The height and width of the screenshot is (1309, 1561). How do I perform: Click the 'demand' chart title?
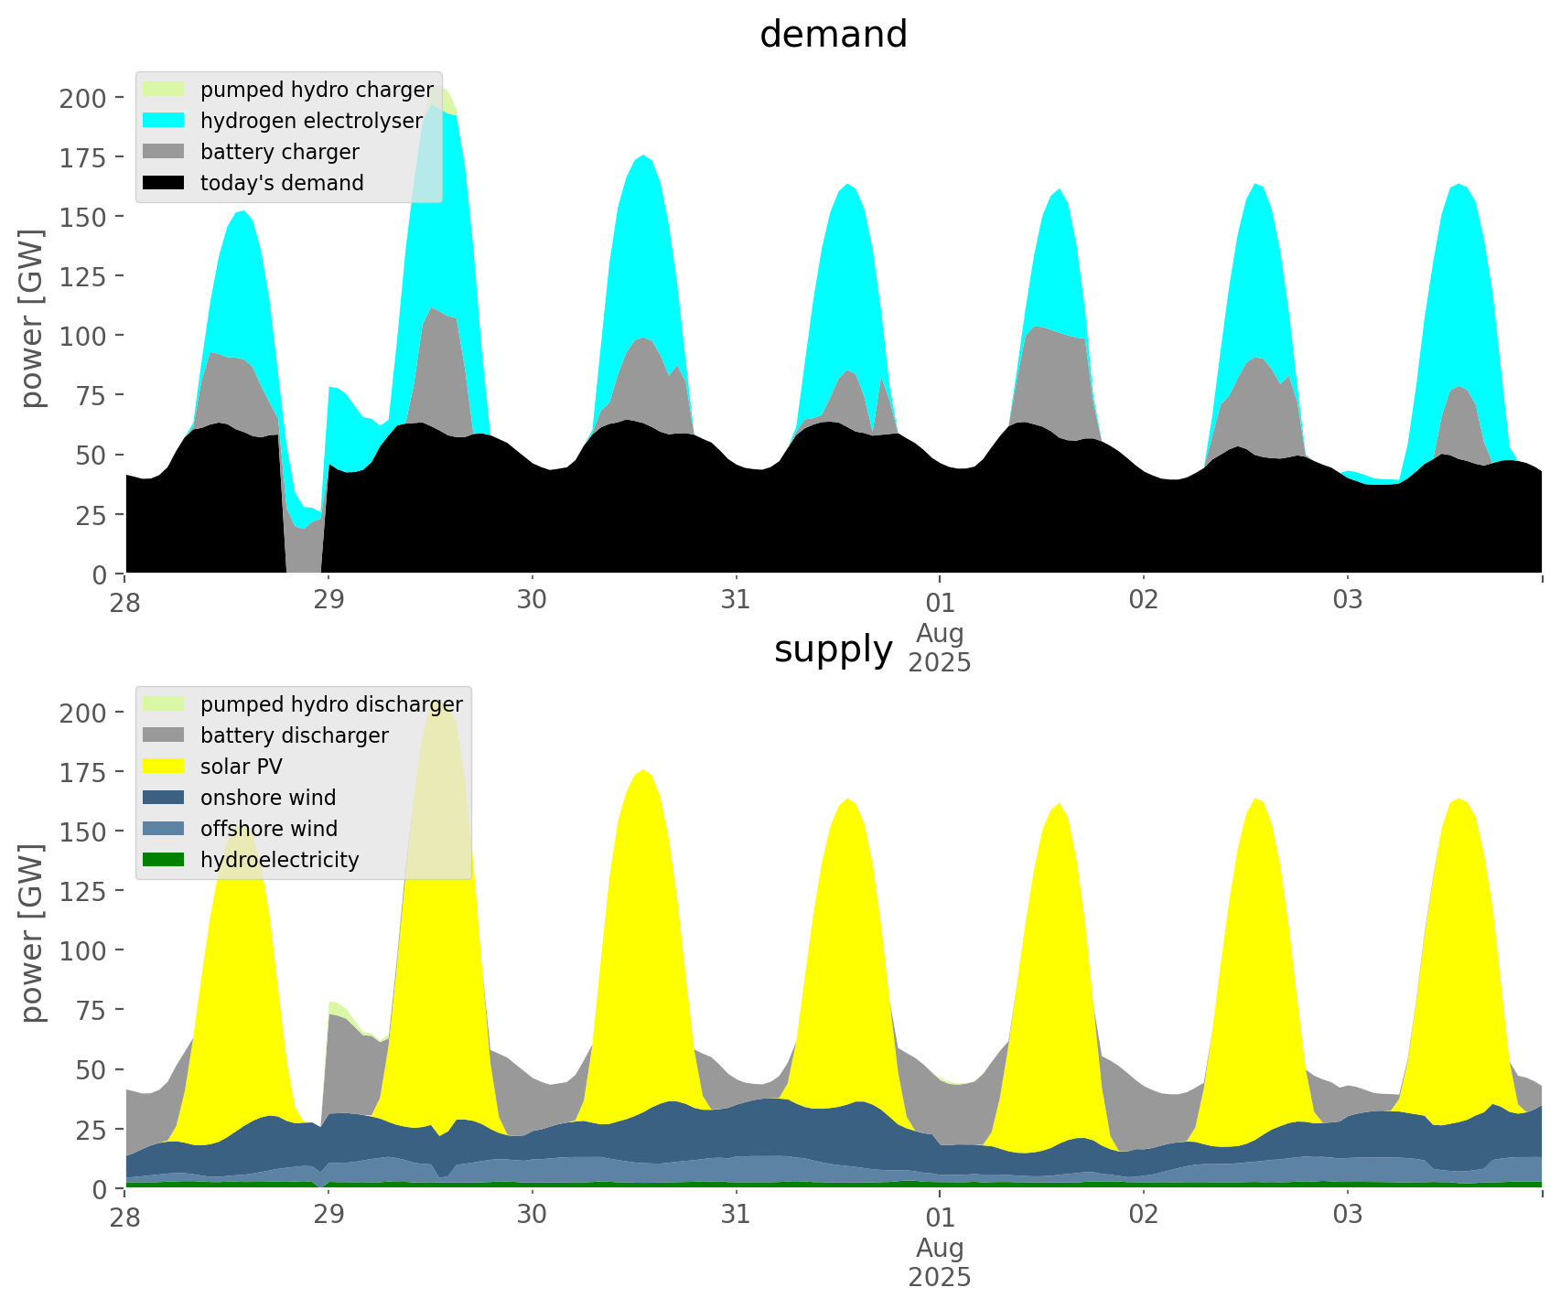coord(834,35)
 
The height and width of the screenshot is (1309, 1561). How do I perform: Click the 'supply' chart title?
coord(834,649)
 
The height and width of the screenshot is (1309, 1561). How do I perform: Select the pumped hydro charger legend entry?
coord(288,90)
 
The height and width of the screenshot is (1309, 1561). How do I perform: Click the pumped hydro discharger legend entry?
coord(303,704)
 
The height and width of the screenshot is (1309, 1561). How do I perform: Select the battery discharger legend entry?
coord(266,735)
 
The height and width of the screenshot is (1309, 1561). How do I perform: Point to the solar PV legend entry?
coord(213,767)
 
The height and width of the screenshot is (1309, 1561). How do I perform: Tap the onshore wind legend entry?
coord(240,798)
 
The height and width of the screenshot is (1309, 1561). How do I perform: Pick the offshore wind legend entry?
coord(241,829)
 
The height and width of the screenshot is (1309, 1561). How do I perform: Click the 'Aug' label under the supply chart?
coord(940,1248)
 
